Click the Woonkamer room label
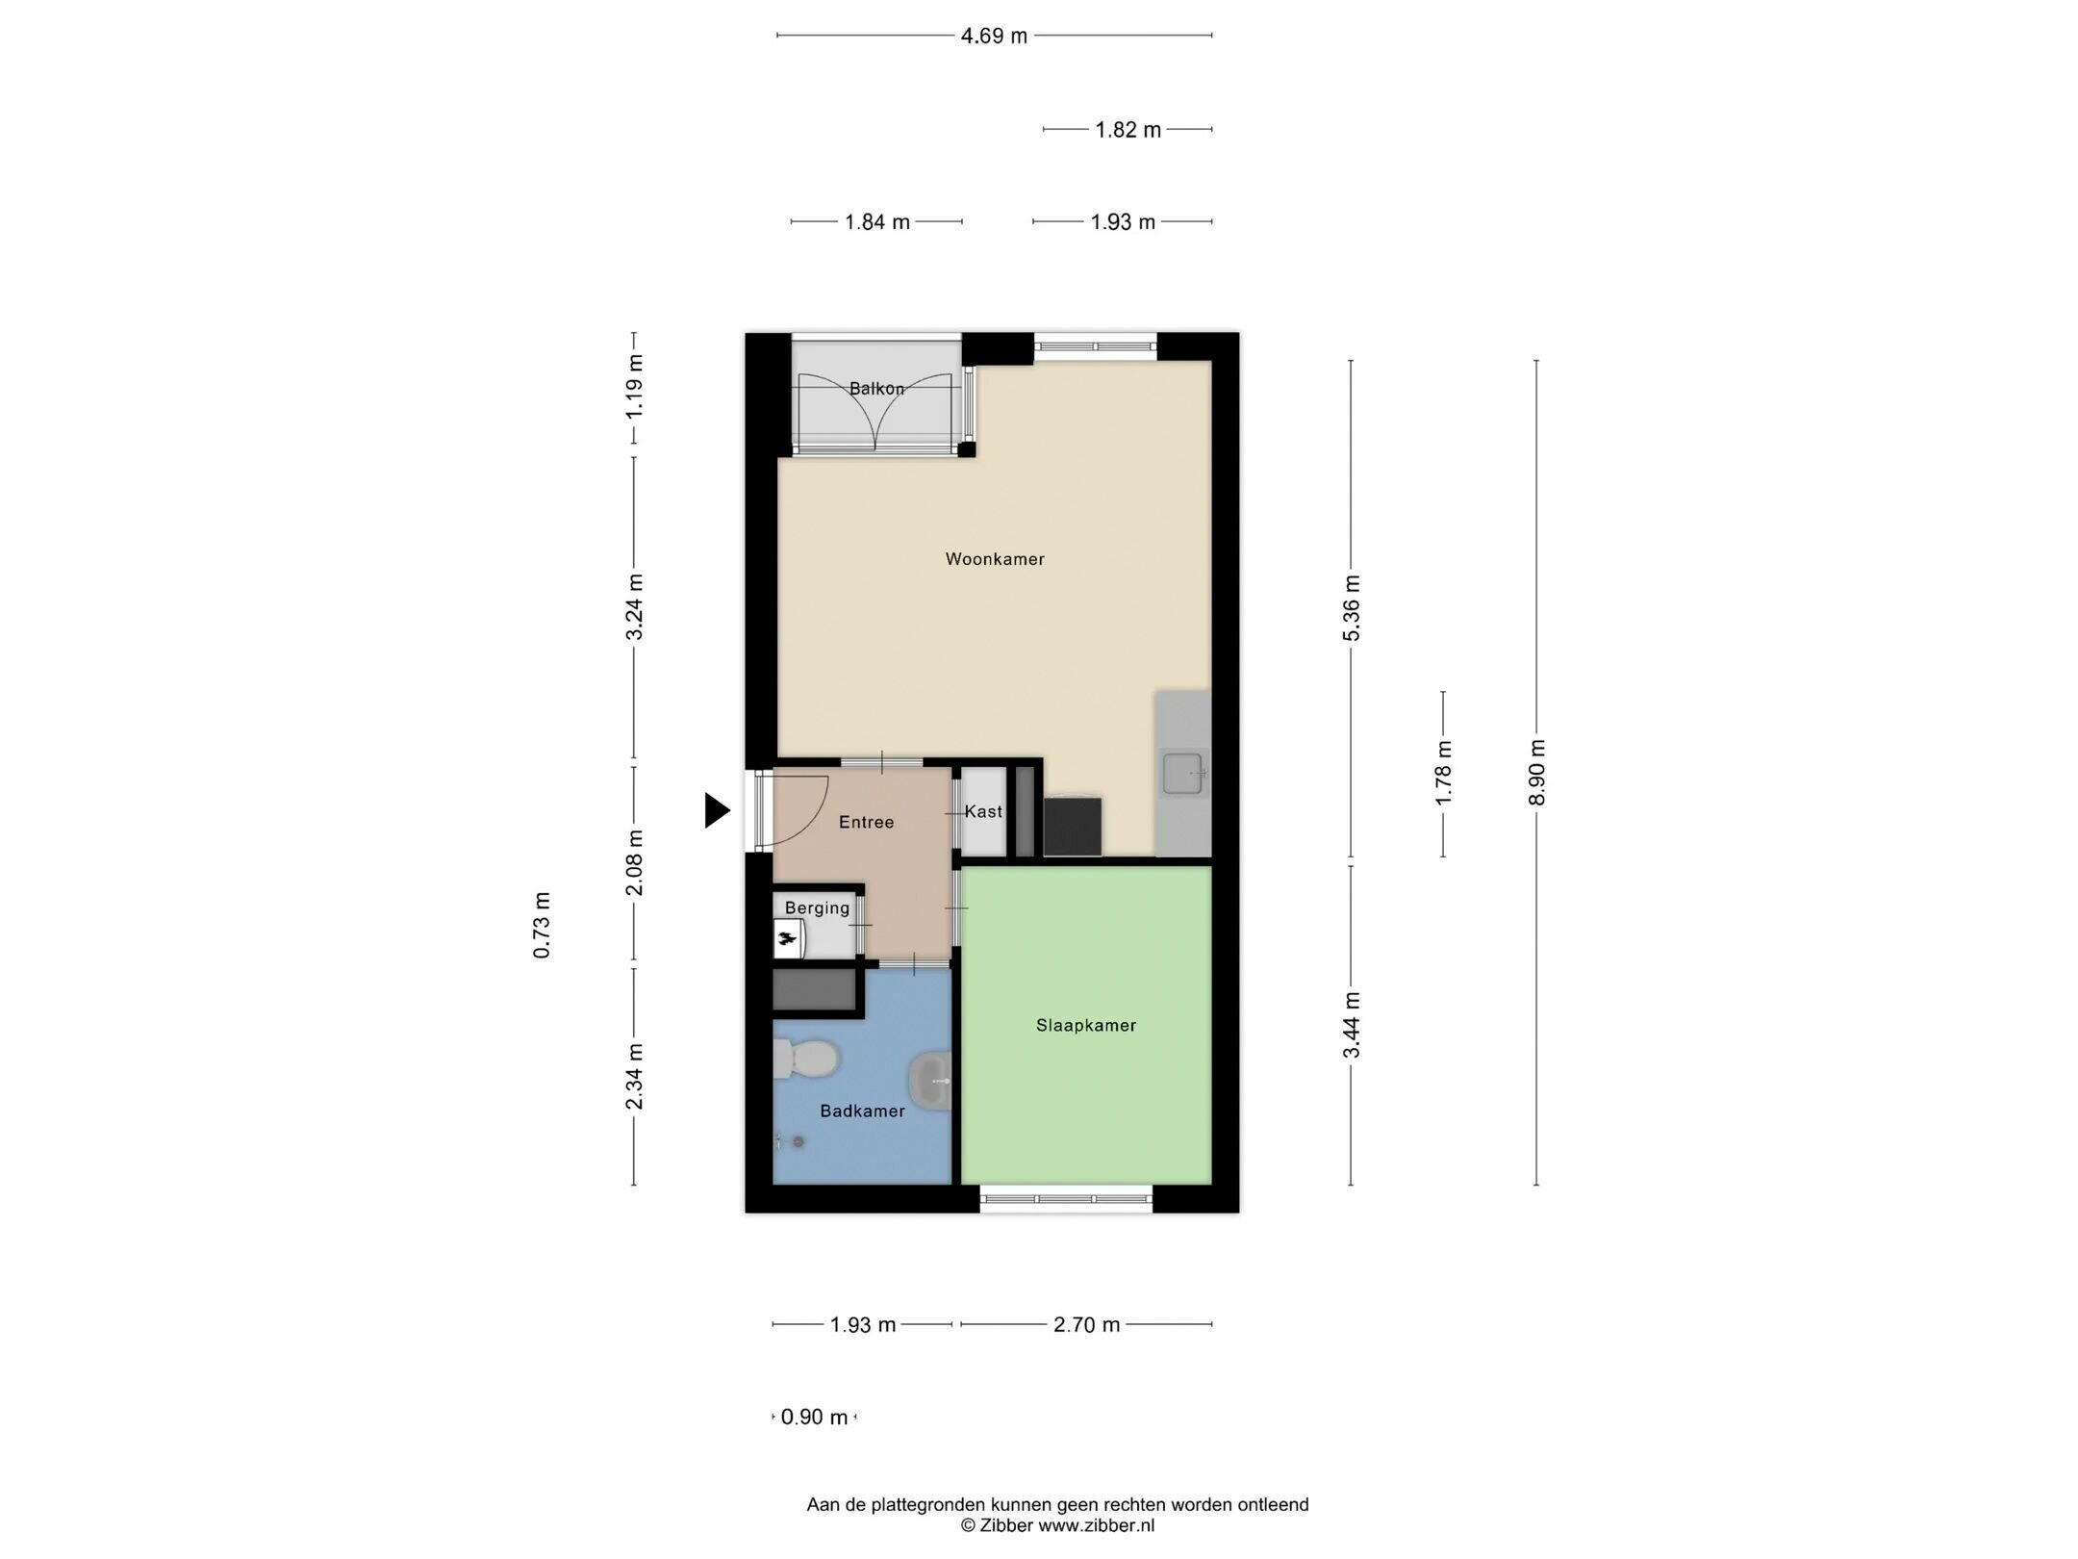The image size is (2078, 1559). [x=995, y=559]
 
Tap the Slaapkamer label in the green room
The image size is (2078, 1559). [x=1086, y=1026]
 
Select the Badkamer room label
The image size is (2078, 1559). [x=862, y=1112]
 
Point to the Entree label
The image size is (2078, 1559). [x=866, y=822]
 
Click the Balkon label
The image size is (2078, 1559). [x=876, y=389]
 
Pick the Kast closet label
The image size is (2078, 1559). [x=983, y=811]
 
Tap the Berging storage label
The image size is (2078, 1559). [x=817, y=907]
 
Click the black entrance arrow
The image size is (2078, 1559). [x=717, y=809]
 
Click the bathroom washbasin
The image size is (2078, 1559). [x=930, y=1081]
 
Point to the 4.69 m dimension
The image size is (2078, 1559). [x=994, y=36]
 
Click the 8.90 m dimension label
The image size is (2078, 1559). [x=1536, y=772]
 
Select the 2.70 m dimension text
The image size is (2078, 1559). [x=1086, y=1324]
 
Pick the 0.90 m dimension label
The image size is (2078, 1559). [x=814, y=1417]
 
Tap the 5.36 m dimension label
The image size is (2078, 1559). [x=1352, y=607]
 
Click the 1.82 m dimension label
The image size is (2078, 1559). [x=1128, y=129]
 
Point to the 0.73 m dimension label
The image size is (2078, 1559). [x=542, y=925]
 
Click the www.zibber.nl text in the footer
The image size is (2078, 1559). [x=1096, y=1525]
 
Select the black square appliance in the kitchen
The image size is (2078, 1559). [x=1073, y=826]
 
